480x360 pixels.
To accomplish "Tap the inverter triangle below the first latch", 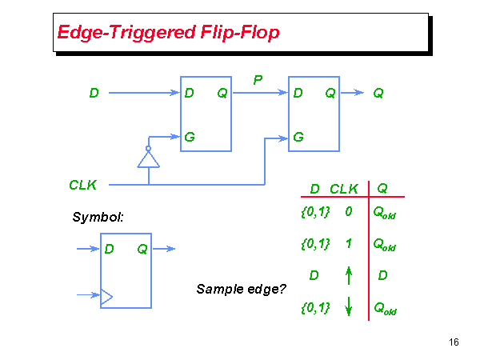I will (148, 160).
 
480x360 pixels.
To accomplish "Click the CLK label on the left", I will (83, 185).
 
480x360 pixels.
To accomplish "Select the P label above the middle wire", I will (258, 80).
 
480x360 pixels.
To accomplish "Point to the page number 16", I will (454, 342).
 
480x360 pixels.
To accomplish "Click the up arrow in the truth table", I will (349, 275).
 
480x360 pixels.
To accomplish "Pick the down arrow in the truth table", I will (349, 307).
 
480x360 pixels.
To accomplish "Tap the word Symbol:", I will (98, 217).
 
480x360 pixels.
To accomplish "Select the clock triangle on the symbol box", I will (106, 297).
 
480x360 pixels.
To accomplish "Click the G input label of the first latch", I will (190, 137).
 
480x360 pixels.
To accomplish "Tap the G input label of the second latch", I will (298, 137).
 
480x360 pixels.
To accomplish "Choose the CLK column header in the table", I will (344, 189).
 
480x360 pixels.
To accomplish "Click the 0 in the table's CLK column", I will (349, 213).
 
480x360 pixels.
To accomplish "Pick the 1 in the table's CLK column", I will (349, 244).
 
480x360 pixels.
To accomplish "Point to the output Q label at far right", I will (378, 93).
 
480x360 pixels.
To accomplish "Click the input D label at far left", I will (94, 93).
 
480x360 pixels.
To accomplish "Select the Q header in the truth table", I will (382, 189).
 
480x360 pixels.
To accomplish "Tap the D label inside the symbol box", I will (110, 249).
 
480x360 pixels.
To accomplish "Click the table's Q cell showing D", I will (382, 275).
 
